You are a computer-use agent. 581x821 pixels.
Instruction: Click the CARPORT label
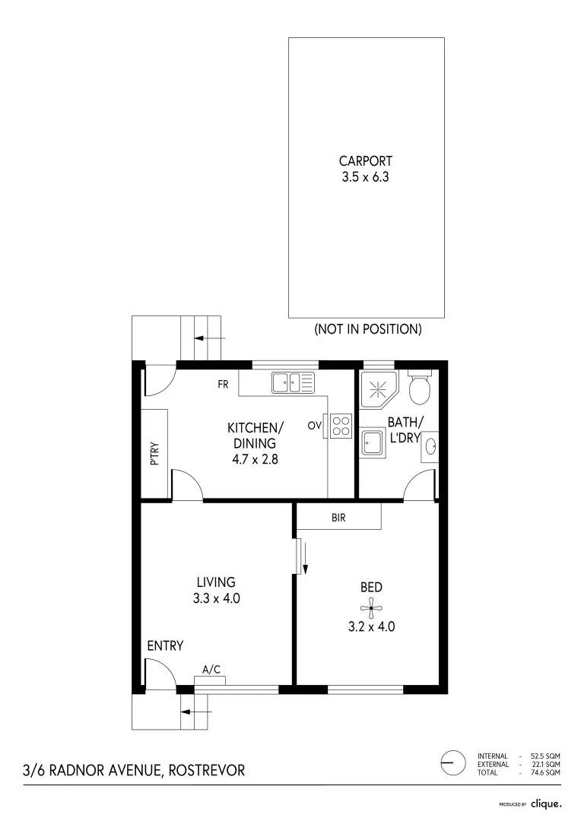point(366,161)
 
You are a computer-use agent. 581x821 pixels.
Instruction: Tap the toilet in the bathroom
point(419,388)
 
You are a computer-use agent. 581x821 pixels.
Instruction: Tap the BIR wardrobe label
point(339,518)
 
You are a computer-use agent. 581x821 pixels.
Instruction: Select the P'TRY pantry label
point(154,454)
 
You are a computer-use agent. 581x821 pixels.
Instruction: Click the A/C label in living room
point(211,669)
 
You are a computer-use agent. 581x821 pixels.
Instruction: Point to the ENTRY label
point(165,646)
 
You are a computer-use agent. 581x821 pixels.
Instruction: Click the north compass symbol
point(452,761)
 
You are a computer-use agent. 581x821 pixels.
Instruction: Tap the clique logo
point(546,803)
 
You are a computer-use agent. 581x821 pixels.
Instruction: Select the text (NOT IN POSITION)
point(367,330)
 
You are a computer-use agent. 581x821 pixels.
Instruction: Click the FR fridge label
point(222,385)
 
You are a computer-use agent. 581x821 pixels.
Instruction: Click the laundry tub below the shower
point(373,441)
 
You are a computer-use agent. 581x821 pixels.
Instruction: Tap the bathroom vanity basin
point(430,446)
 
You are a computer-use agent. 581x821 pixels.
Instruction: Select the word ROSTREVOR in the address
point(206,770)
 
